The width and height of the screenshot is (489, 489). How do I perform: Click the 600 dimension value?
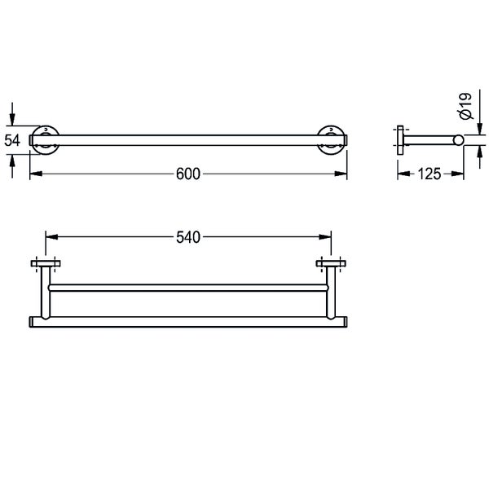pyautogui.click(x=188, y=174)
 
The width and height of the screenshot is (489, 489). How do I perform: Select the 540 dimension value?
pyautogui.click(x=188, y=237)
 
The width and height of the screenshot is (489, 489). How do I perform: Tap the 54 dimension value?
pyautogui.click(x=12, y=140)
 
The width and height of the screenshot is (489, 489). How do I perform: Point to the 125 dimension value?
pyautogui.click(x=430, y=174)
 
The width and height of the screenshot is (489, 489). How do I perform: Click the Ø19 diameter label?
pyautogui.click(x=466, y=106)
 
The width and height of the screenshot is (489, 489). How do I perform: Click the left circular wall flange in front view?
pyautogui.click(x=46, y=140)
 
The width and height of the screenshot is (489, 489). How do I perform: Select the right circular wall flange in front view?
pyautogui.click(x=331, y=140)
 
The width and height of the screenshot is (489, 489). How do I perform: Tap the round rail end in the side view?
pyautogui.click(x=458, y=140)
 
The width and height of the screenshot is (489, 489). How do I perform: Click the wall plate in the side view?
pyautogui.click(x=400, y=140)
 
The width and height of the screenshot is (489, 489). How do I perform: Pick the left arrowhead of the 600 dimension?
pyautogui.click(x=36, y=174)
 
